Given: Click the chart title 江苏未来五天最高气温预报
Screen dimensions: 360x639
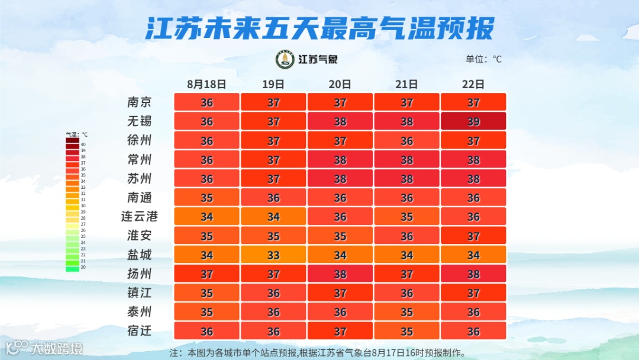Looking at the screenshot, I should point(319,27).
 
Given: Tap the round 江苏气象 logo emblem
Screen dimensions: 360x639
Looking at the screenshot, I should point(285,59).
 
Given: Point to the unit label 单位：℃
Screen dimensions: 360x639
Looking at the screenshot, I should point(483,59).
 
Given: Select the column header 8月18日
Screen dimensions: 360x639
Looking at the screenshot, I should point(206,84).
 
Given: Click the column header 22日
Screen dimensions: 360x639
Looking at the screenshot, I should point(473,84).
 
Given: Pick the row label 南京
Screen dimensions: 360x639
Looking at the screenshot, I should point(140,102).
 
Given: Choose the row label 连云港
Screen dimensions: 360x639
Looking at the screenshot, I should point(140,217).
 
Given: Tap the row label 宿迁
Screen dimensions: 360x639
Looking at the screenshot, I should point(140,331).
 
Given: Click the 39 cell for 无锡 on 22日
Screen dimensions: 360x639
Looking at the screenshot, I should point(473,121).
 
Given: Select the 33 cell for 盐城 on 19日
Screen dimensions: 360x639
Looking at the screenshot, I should point(273,255).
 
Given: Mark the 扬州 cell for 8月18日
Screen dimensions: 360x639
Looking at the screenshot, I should point(206,274).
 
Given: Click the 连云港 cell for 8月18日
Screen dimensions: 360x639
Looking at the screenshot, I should point(206,217).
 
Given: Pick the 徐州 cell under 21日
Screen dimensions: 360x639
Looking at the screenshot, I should point(406,141).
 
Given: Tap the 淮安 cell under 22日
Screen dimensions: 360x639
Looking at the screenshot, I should point(473,236).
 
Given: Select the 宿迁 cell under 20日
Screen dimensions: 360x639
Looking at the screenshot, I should point(340,331).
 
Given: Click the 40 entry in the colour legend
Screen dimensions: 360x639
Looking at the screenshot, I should point(73,144).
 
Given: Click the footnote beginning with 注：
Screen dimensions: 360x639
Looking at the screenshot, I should point(318,352).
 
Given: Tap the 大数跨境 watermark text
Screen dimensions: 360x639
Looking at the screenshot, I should point(57,348).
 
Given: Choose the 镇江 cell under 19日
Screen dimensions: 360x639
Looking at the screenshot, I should point(273,293).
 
